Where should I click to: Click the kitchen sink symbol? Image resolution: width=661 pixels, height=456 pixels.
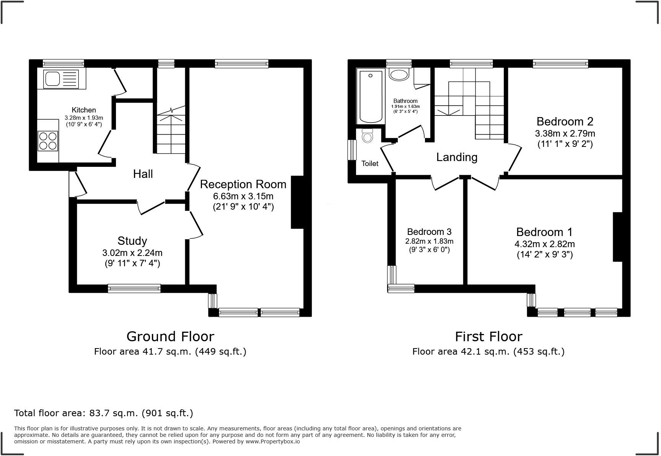pyautogui.click(x=61, y=79)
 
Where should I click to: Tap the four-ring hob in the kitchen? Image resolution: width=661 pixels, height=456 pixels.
pyautogui.click(x=48, y=141)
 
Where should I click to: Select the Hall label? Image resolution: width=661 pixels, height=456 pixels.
pyautogui.click(x=143, y=174)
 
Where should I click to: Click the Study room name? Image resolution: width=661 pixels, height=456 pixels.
pyautogui.click(x=132, y=241)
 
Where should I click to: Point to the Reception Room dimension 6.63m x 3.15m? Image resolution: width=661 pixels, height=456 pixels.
pyautogui.click(x=243, y=196)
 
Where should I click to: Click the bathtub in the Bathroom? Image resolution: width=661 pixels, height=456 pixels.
pyautogui.click(x=370, y=96)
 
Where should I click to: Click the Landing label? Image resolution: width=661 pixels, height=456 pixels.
pyautogui.click(x=457, y=157)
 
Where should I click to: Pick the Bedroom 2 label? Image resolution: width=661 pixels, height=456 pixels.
pyautogui.click(x=565, y=122)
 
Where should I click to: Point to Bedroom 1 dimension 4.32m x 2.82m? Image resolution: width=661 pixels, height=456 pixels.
pyautogui.click(x=544, y=244)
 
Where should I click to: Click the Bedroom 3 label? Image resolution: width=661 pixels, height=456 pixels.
pyautogui.click(x=429, y=232)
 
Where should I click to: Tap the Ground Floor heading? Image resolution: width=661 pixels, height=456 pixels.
pyautogui.click(x=170, y=337)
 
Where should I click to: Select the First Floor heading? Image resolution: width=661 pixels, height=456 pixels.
pyautogui.click(x=488, y=337)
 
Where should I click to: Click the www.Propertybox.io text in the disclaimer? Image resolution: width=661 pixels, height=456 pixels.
pyautogui.click(x=272, y=441)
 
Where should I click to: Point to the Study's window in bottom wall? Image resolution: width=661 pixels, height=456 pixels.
pyautogui.click(x=134, y=288)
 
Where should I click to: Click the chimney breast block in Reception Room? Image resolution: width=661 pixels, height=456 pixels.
pyautogui.click(x=297, y=202)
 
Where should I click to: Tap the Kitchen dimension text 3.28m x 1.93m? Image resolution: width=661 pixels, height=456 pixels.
pyautogui.click(x=84, y=118)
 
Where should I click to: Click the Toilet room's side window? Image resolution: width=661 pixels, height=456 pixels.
pyautogui.click(x=352, y=150)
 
